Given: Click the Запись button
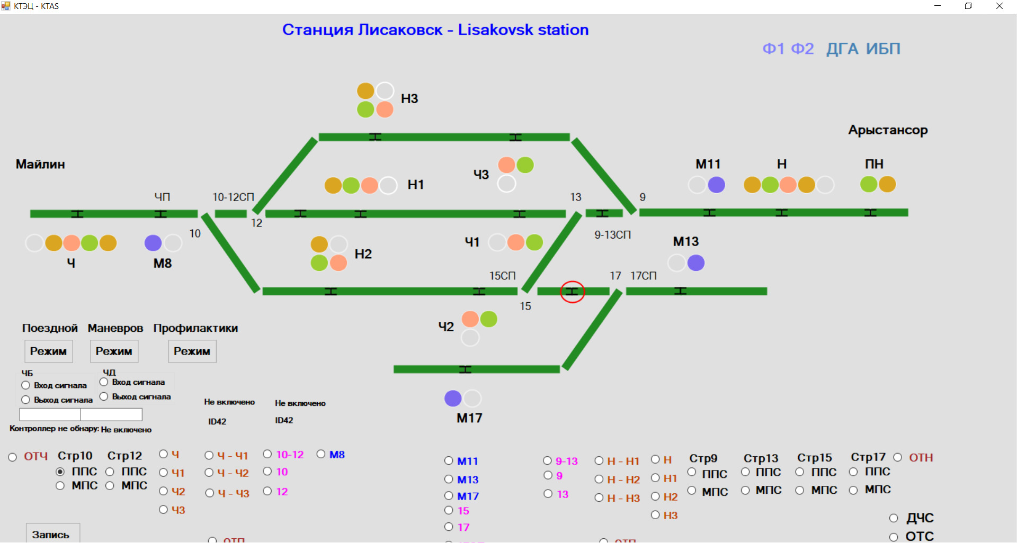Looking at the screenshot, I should pos(51,534).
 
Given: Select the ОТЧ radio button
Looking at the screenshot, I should pos(13,457).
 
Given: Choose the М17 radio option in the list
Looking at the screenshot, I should pos(449,496).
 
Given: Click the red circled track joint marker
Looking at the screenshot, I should pos(572,292).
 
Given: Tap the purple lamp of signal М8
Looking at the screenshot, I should pos(153,243).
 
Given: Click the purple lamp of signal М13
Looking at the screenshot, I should pos(695,263).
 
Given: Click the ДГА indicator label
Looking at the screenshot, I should pos(842,49).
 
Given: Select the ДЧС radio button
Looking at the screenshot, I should pos(894,518).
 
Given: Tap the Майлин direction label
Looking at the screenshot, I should pos(40,164).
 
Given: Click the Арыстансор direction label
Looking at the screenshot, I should pos(888,130).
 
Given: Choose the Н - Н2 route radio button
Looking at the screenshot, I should pos(599,479).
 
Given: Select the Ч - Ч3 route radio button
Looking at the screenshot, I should pos(210,493).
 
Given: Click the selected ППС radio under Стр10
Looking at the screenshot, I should pos(60,472).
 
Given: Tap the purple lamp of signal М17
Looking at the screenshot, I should pos(453,398).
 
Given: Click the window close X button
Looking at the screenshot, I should pos(1000,6).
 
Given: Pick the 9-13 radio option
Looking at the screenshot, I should pos(548,461).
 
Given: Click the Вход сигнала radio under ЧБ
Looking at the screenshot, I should pos(25,385).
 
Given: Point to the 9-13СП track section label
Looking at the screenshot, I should pos(612,234).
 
